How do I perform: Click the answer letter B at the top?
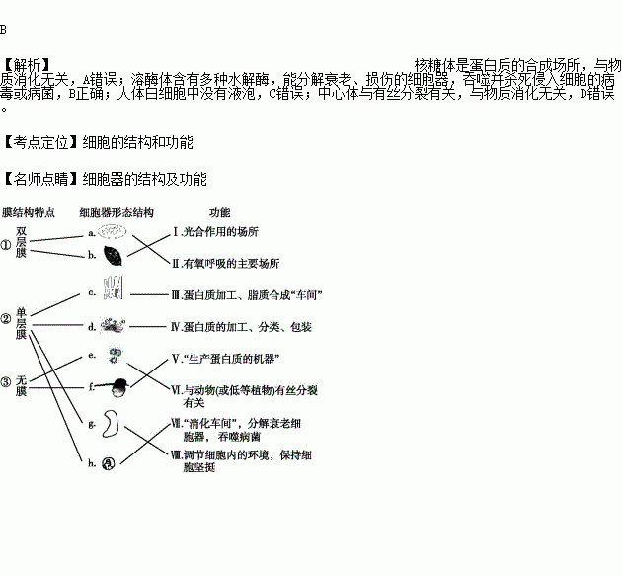(4, 13)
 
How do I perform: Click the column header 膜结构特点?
(28, 212)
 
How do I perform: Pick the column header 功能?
(219, 212)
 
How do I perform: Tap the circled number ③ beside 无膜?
(7, 381)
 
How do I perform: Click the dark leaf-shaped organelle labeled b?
(115, 255)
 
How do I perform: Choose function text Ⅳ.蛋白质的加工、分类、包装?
(241, 327)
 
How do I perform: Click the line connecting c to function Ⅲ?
(148, 294)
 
